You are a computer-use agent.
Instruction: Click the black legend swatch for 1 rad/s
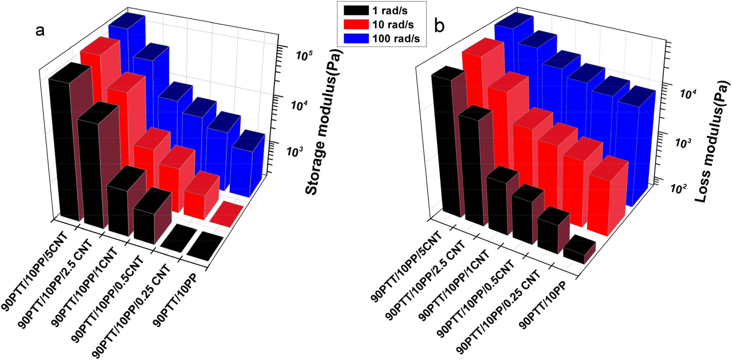click(355, 10)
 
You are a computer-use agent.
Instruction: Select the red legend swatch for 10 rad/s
click(355, 24)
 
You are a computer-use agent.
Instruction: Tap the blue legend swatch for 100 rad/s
click(355, 39)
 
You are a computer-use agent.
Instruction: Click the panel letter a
click(40, 30)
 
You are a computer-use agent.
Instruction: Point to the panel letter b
click(440, 26)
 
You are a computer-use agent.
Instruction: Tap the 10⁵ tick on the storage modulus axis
click(305, 56)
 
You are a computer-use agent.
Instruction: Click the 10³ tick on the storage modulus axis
click(295, 151)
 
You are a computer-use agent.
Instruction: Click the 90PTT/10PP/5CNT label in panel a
click(35, 272)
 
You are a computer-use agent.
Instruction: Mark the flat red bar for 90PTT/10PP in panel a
click(227, 215)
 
